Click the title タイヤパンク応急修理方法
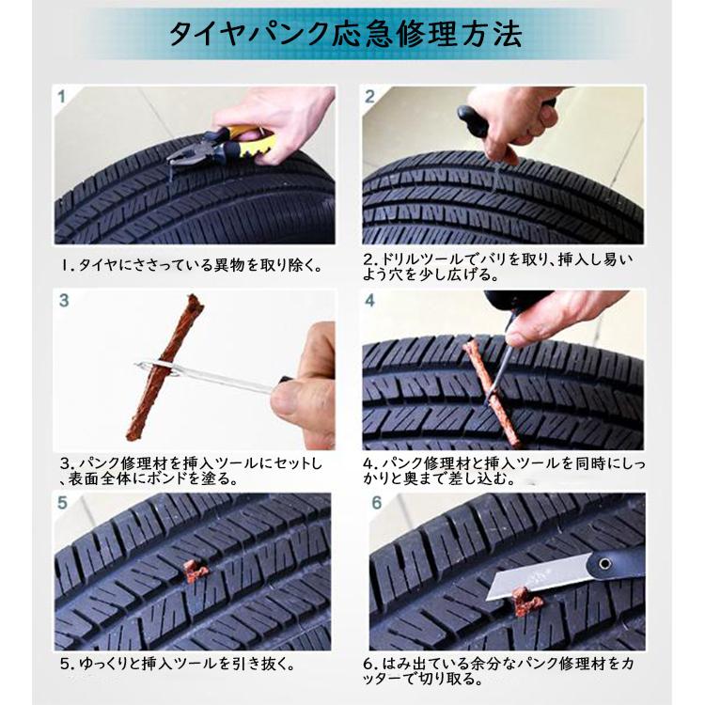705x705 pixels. (x=345, y=34)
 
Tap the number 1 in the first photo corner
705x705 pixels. (x=62, y=97)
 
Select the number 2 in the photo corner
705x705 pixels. (x=369, y=97)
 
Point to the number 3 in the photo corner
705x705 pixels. (x=64, y=301)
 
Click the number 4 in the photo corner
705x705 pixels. (x=369, y=301)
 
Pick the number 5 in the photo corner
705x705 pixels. (x=62, y=503)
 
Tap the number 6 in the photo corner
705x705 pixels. (x=377, y=503)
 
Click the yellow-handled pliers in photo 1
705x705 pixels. (x=220, y=145)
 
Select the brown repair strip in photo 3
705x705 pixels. (x=164, y=368)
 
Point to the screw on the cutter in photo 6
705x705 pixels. (x=605, y=563)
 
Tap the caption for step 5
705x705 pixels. (x=178, y=664)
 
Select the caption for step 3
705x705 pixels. (x=191, y=471)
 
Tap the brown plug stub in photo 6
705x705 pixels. (x=524, y=602)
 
